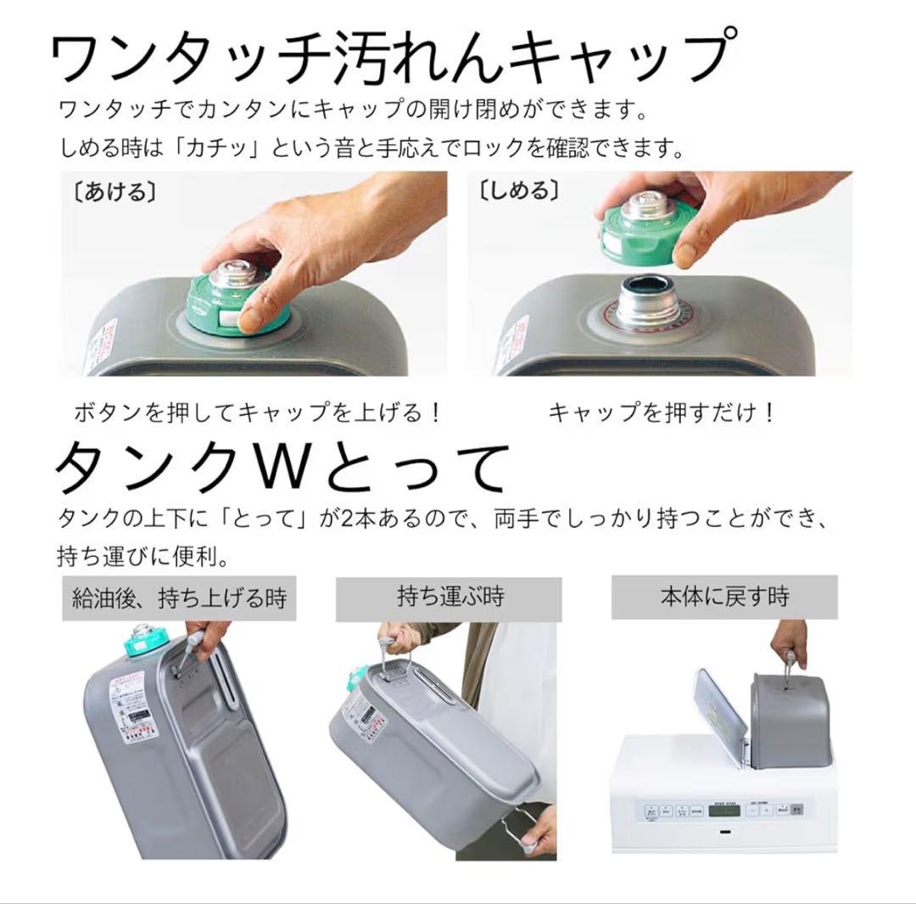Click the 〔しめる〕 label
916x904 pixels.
point(518,191)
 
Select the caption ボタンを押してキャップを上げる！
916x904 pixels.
point(258,413)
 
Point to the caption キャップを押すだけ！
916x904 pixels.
point(662,413)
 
